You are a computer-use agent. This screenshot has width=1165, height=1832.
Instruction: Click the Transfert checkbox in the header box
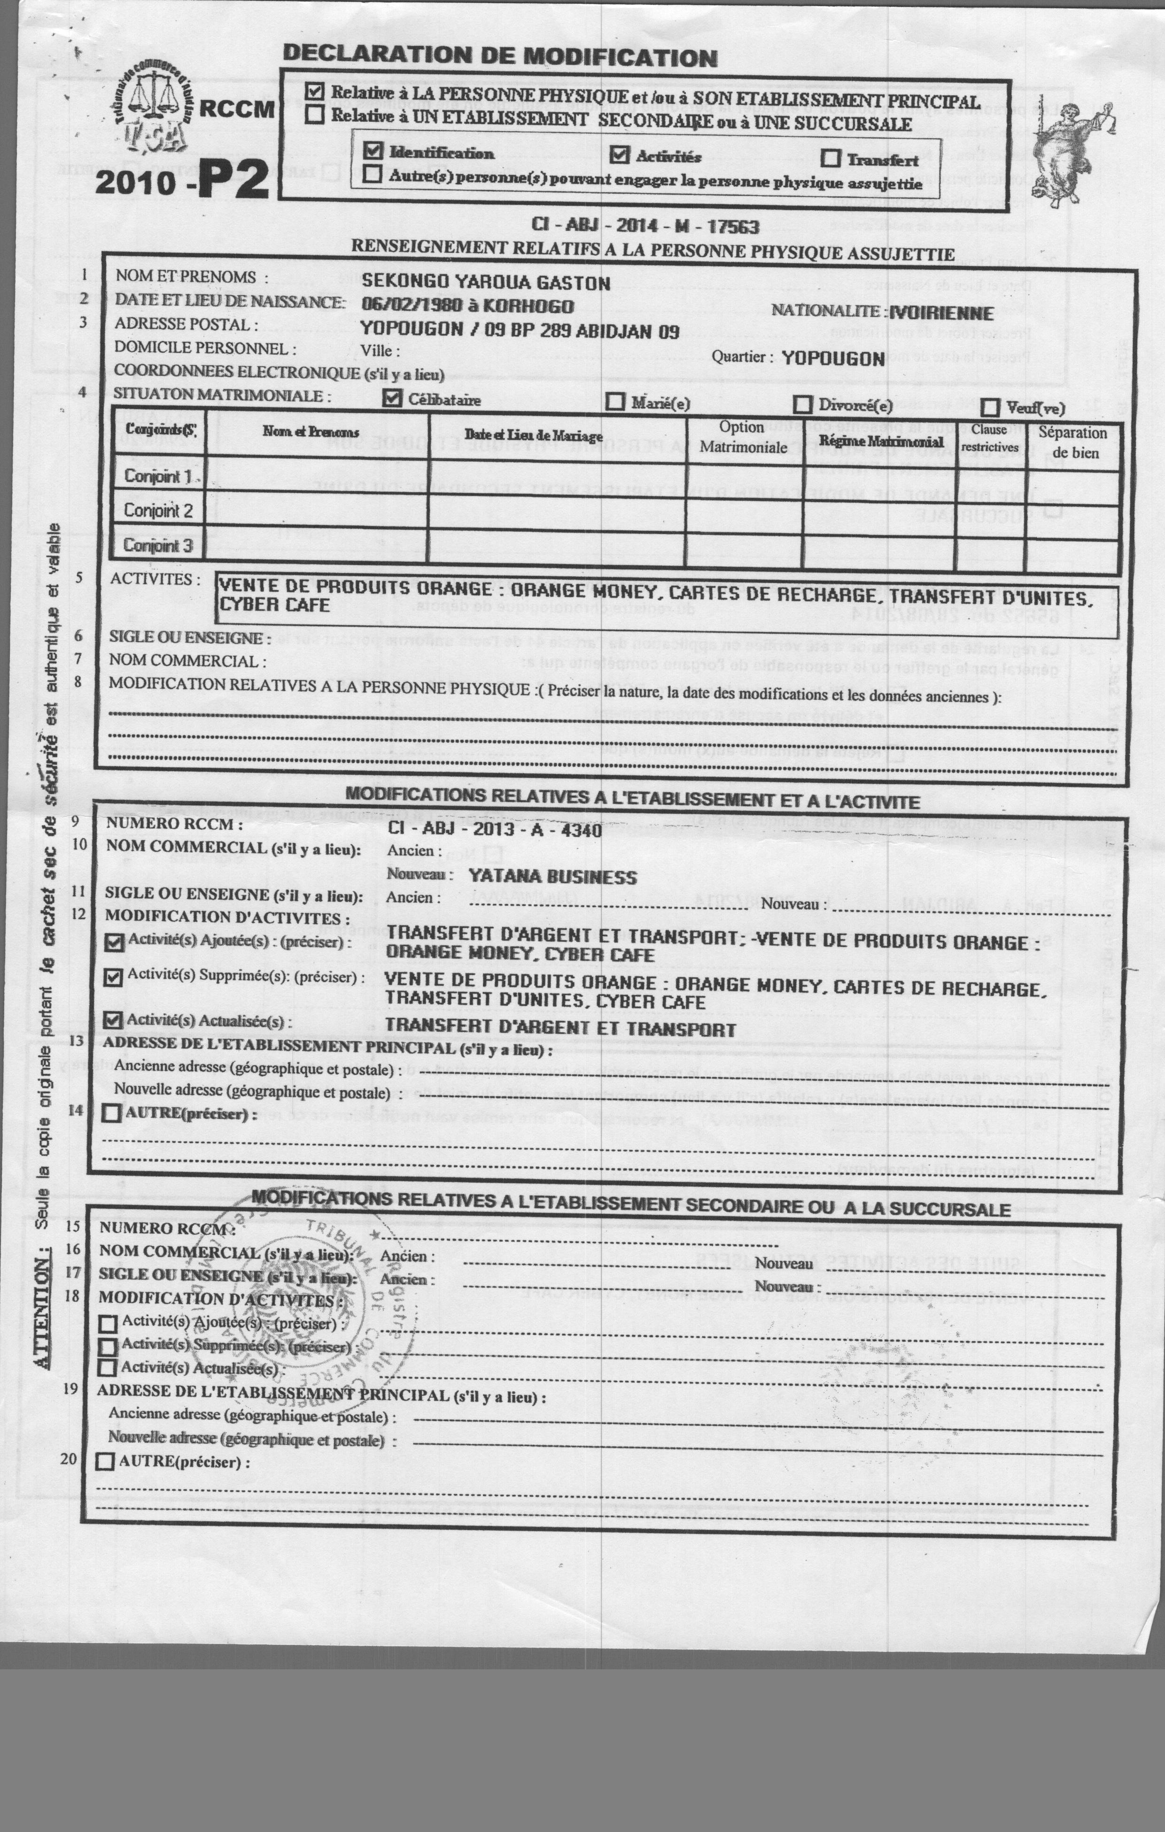pos(831,158)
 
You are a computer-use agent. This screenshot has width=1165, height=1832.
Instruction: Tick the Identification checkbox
pos(373,150)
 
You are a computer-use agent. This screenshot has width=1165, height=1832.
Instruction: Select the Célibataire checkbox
pos(392,398)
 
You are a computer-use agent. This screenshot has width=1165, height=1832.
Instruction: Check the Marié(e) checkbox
pos(616,401)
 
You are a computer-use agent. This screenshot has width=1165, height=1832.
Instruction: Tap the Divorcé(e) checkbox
pos(803,404)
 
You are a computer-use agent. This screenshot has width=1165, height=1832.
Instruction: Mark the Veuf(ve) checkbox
pos(990,407)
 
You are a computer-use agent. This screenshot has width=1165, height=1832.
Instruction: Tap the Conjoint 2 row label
pos(158,511)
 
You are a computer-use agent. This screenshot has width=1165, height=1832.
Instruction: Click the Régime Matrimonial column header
pos(881,441)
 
